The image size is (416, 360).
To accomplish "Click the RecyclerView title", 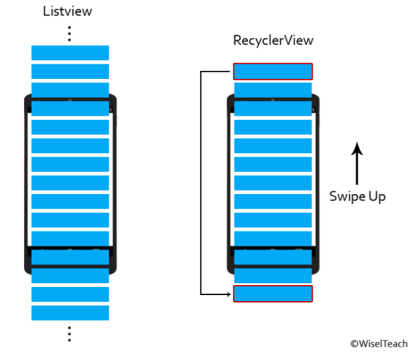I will pos(273,40).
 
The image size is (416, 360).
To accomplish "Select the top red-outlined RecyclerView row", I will pos(273,71).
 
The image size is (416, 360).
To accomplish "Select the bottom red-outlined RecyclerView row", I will pos(273,294).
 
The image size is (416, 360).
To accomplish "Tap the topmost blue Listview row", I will pos(70,53).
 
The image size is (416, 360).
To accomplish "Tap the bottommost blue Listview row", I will pos(70,312).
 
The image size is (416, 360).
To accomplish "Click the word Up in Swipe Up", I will pos(374,196).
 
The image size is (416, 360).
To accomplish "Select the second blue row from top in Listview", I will pos(70,71).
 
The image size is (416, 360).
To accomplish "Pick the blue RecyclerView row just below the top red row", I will pos(273,90).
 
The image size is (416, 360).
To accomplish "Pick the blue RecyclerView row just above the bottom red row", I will pos(273,275).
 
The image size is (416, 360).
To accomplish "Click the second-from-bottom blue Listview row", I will pos(70,294).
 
